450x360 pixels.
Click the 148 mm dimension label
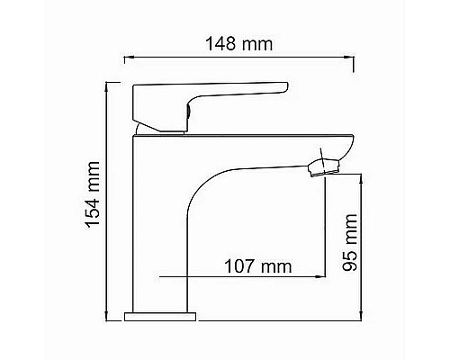[x=238, y=43]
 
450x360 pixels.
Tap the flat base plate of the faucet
[x=159, y=316]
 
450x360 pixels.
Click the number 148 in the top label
[x=225, y=43]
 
